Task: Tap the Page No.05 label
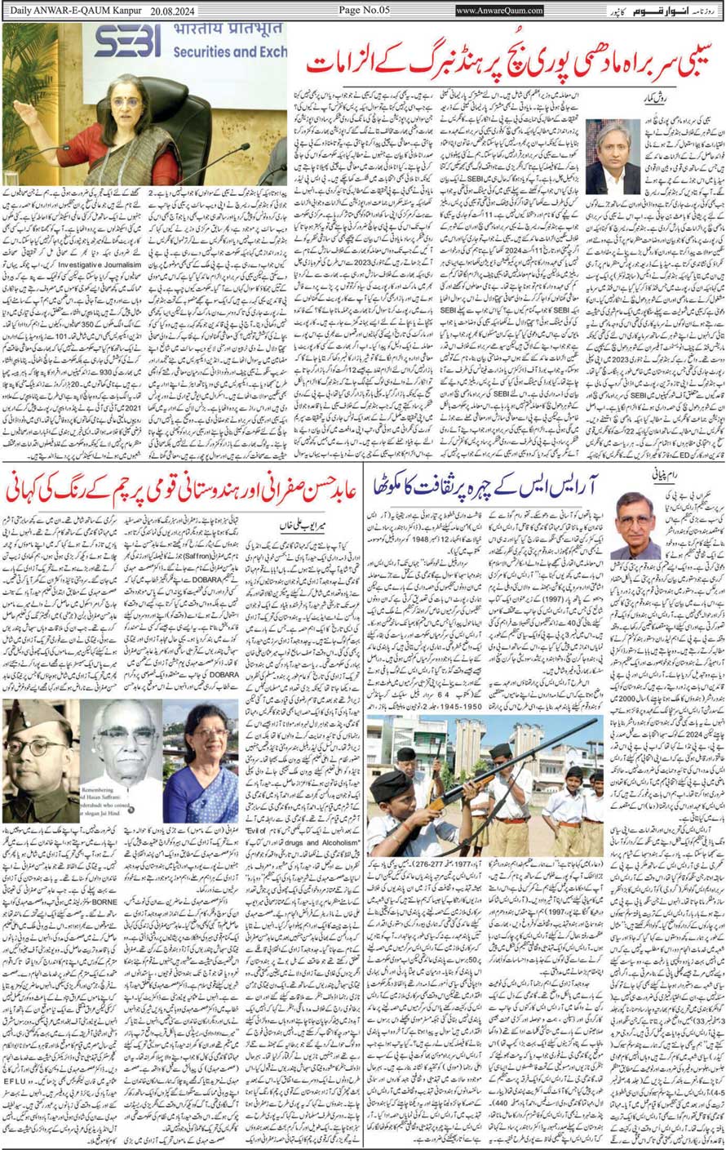click(362, 10)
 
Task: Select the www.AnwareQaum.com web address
click(499, 11)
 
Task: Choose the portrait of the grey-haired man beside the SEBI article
click(613, 156)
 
